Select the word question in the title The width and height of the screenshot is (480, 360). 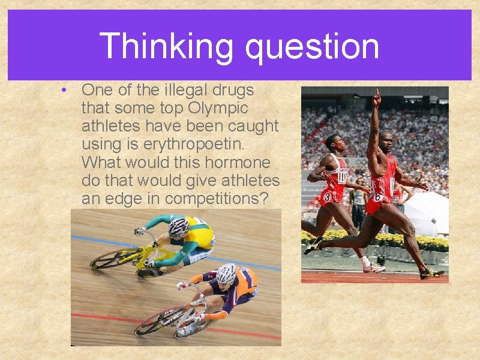(x=312, y=47)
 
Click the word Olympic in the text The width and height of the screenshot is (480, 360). (x=218, y=109)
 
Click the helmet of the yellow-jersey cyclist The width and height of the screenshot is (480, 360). (x=178, y=226)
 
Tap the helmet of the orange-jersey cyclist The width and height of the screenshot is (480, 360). (x=226, y=273)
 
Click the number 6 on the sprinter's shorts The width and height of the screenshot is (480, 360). (x=379, y=196)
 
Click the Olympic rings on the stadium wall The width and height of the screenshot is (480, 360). (x=361, y=162)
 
